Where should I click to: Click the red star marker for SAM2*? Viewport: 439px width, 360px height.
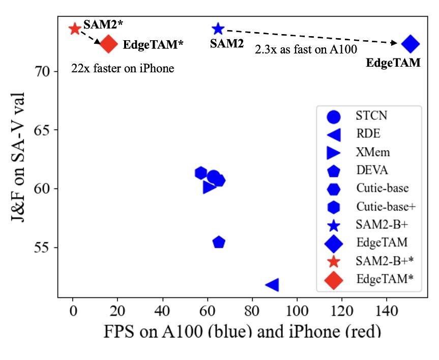click(75, 29)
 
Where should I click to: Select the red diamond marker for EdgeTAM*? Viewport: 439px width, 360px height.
click(108, 44)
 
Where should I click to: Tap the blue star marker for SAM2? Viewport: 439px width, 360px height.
click(218, 29)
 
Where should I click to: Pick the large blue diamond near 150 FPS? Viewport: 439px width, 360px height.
click(410, 44)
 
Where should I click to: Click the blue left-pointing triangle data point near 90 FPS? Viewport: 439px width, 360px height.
click(272, 285)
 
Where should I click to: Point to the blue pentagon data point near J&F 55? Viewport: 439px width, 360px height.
click(219, 242)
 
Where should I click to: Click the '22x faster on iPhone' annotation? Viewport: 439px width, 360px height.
click(123, 68)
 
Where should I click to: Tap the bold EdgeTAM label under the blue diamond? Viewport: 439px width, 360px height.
click(393, 63)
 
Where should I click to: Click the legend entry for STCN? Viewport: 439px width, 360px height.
click(371, 116)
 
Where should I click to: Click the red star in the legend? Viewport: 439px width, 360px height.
click(333, 262)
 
